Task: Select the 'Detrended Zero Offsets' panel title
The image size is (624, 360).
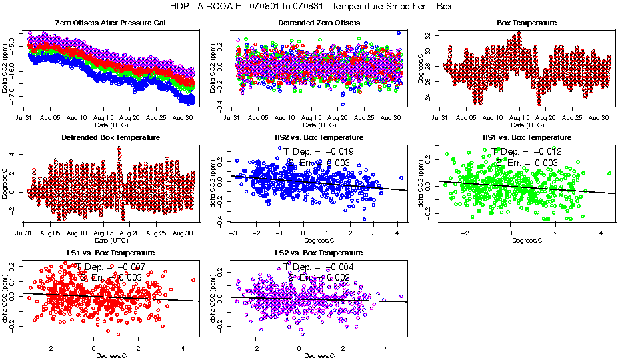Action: tap(319, 23)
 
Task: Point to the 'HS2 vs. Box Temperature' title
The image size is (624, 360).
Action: tap(319, 138)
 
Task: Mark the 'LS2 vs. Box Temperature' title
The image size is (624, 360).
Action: tap(319, 253)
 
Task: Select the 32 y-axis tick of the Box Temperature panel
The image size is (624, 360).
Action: tap(428, 35)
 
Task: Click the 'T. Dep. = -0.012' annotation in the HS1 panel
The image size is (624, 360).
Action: tap(527, 151)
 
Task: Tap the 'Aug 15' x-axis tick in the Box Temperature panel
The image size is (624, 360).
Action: tap(519, 117)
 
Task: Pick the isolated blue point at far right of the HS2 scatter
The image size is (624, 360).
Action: tap(401, 178)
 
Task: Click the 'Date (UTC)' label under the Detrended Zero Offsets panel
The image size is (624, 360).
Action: tap(319, 125)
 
